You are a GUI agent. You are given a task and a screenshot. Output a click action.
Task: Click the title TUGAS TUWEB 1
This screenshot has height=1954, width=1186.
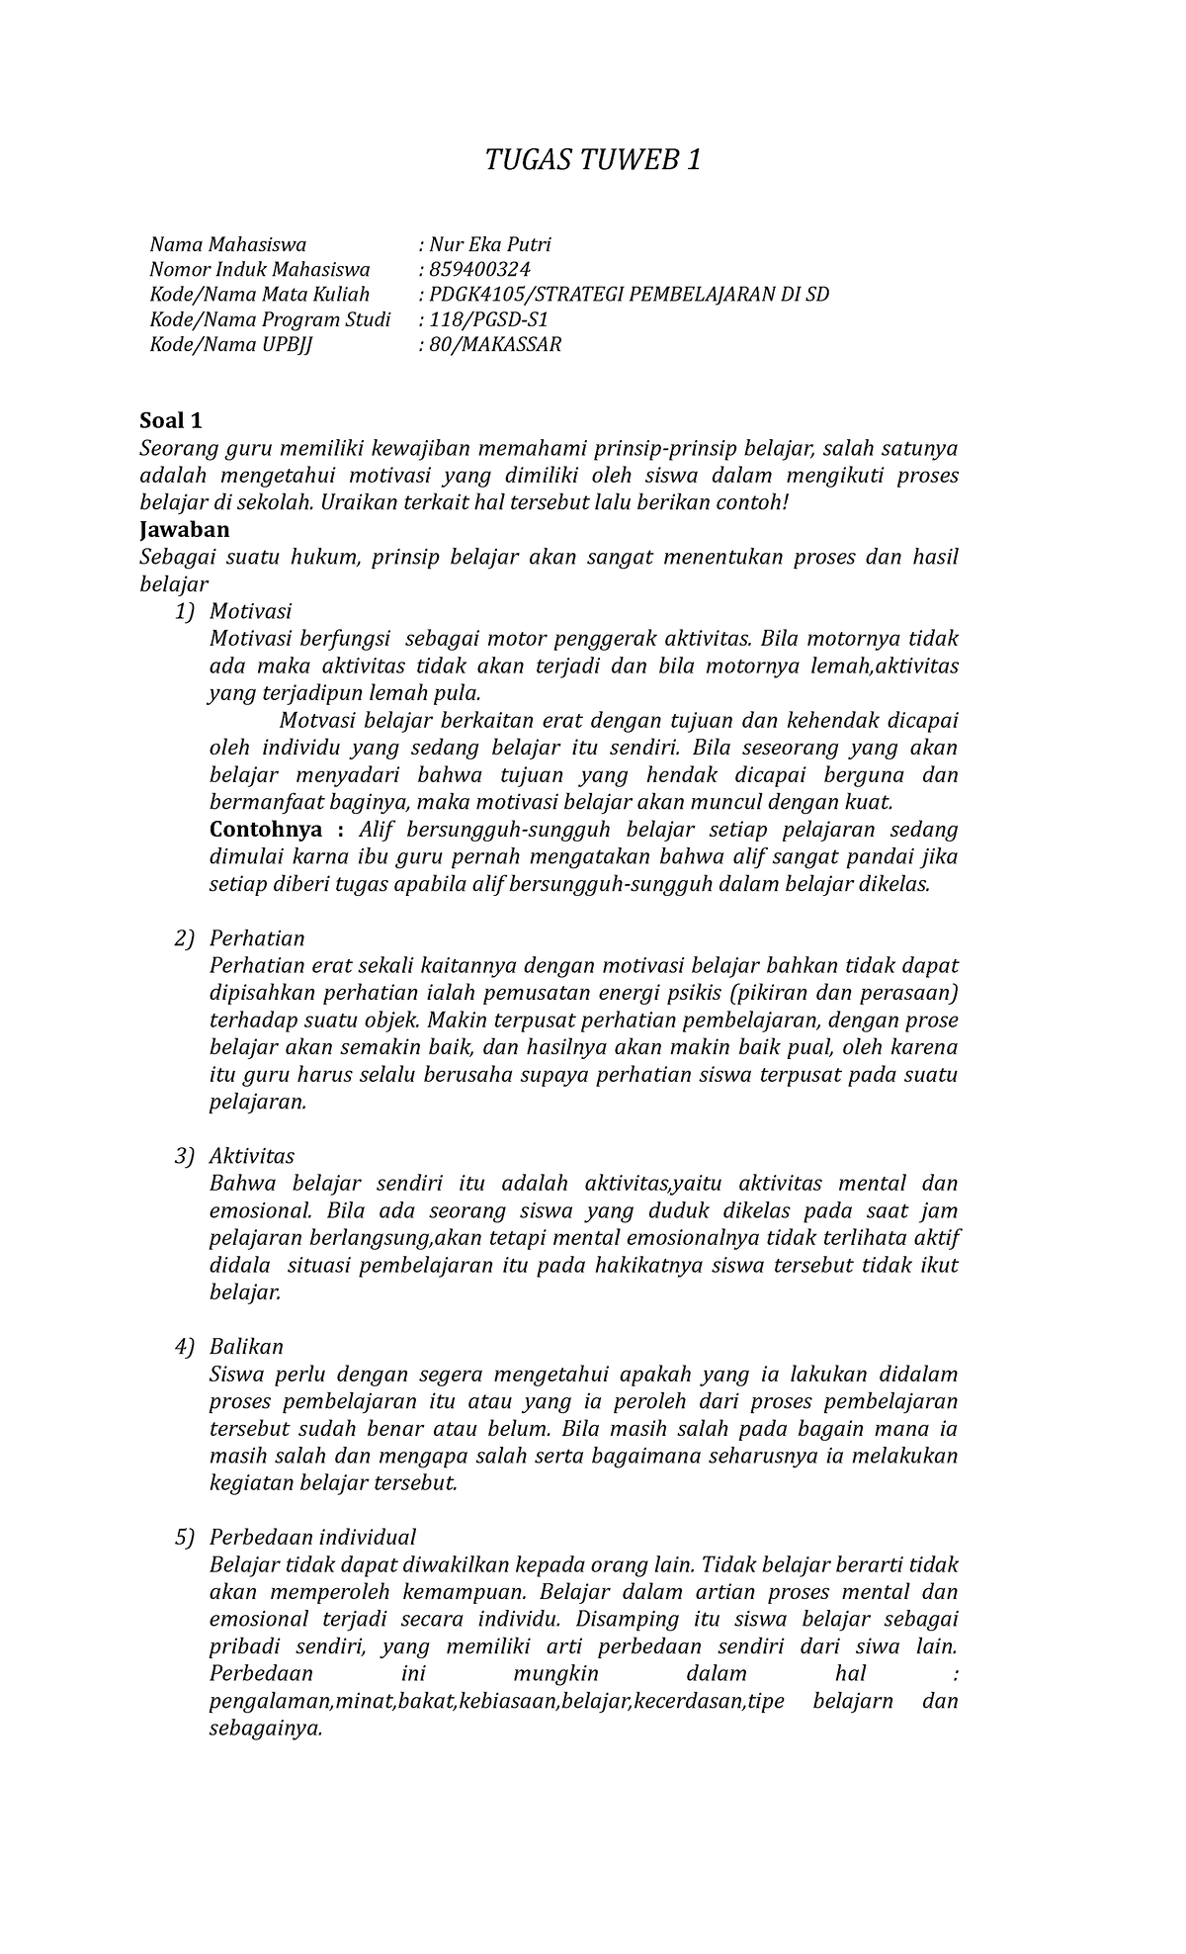pyautogui.click(x=593, y=159)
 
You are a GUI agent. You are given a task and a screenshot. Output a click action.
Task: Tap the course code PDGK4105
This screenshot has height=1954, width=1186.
pyautogui.click(x=478, y=295)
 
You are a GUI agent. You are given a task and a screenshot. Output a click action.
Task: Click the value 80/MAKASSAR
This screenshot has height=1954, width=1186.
pyautogui.click(x=494, y=345)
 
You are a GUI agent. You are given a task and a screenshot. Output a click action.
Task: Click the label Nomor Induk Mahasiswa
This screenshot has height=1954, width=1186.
pyautogui.click(x=259, y=269)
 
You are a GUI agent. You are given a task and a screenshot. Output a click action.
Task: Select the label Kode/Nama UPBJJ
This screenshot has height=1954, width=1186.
pyautogui.click(x=230, y=345)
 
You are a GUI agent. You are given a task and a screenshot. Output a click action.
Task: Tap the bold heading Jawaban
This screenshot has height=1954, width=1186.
pyautogui.click(x=184, y=529)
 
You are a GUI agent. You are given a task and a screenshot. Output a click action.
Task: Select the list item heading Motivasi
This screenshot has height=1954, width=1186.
pyautogui.click(x=250, y=611)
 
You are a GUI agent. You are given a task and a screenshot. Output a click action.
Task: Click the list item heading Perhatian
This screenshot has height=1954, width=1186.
pyautogui.click(x=257, y=938)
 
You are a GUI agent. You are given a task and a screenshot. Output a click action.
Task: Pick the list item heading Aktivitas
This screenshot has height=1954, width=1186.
pyautogui.click(x=252, y=1156)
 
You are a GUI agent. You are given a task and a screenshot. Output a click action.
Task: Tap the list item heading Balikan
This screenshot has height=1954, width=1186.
pyautogui.click(x=246, y=1347)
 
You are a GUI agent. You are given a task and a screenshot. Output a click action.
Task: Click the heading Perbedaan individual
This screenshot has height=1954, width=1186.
pyautogui.click(x=312, y=1538)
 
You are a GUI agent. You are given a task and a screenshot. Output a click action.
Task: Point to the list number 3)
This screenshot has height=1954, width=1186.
pyautogui.click(x=185, y=1156)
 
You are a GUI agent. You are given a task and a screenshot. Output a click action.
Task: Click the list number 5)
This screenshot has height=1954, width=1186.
pyautogui.click(x=185, y=1538)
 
